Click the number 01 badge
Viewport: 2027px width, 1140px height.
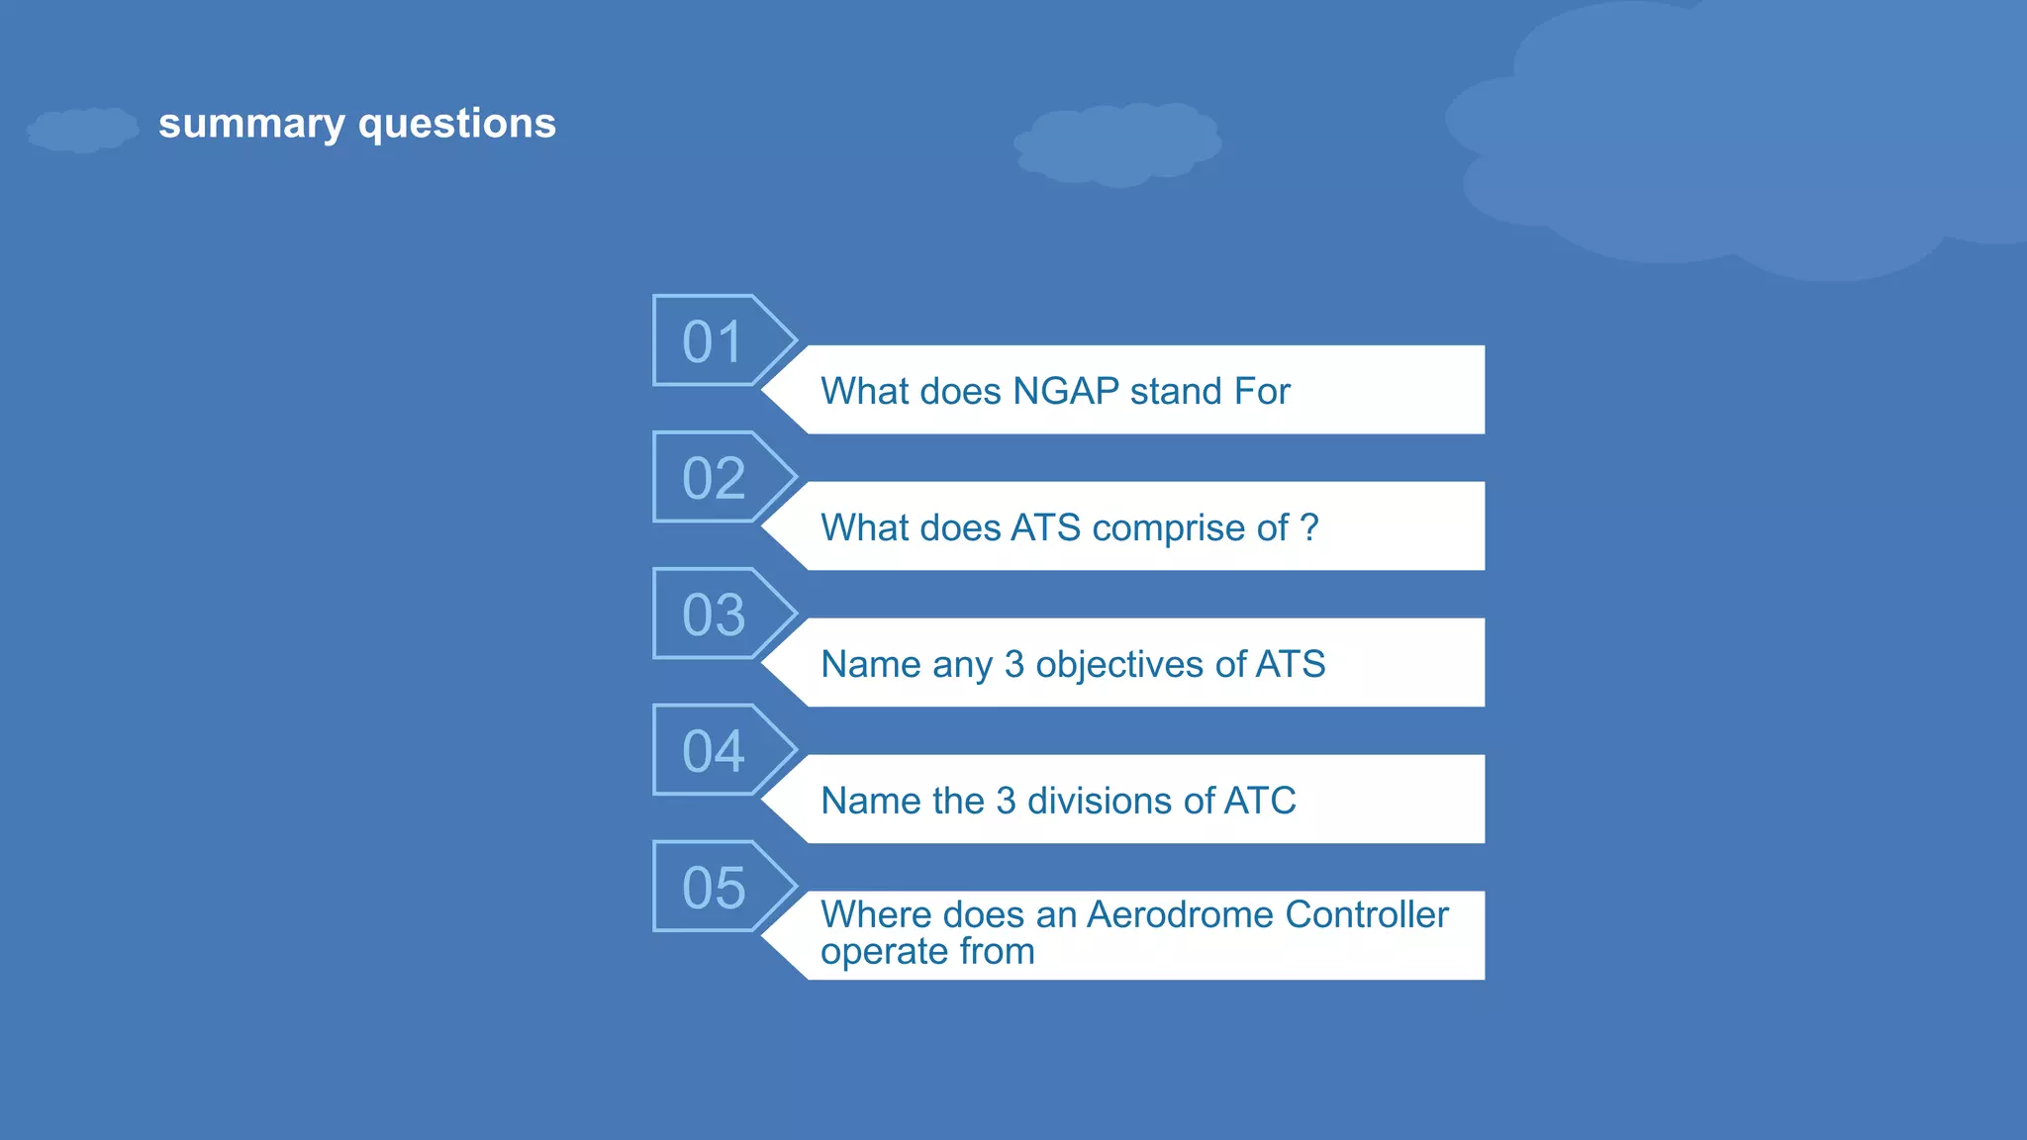coord(713,341)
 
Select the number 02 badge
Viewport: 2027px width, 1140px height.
coord(713,478)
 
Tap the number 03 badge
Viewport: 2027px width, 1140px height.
coord(713,615)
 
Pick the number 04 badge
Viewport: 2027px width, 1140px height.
coord(713,751)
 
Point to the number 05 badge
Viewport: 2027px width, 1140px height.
coord(713,888)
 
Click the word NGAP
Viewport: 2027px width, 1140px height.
coord(1065,392)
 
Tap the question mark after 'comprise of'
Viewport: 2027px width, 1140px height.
coord(1309,527)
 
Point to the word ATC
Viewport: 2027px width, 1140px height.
coord(1259,801)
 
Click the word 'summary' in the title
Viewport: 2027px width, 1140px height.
coord(251,125)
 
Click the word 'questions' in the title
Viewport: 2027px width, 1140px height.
coord(456,125)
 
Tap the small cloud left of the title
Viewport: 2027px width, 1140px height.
coord(82,130)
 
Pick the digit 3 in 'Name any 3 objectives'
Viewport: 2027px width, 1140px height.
coord(1013,664)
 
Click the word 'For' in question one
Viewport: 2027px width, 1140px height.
coord(1261,392)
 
